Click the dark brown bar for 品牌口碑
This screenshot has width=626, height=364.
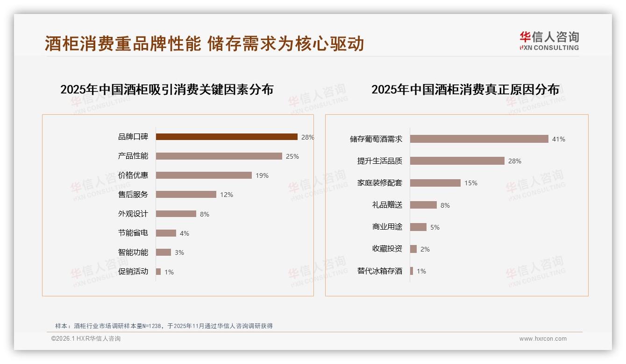[x=227, y=137]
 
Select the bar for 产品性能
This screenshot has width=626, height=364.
[x=219, y=156]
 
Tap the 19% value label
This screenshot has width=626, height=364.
[x=262, y=175]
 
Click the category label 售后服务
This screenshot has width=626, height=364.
[x=133, y=194]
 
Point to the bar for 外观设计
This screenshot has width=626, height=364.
[x=176, y=214]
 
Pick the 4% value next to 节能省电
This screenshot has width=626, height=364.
[x=185, y=233]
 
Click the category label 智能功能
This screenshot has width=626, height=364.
[x=133, y=252]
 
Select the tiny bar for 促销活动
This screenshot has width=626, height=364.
[x=158, y=272]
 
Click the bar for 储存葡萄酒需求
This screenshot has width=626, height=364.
[x=479, y=139]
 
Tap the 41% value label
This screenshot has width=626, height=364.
[x=559, y=139]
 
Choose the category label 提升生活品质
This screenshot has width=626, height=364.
[x=379, y=161]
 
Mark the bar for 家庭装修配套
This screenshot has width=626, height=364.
[x=435, y=183]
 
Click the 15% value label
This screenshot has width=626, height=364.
[x=471, y=183]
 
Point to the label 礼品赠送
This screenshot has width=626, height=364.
[x=387, y=205]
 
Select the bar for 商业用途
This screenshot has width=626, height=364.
[x=418, y=227]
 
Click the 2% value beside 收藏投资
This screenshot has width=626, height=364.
[x=425, y=249]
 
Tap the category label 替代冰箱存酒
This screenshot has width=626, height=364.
[x=379, y=271]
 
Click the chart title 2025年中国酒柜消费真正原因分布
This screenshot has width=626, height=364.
[x=465, y=90]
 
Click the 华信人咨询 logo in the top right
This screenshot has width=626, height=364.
[x=549, y=41]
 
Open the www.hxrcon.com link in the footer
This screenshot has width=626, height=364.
[x=543, y=339]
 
